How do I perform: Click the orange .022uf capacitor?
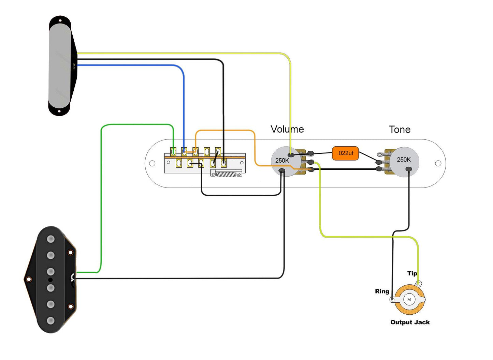345,153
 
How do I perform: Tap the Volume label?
287,129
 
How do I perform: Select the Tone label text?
400,130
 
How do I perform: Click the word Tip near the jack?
412,273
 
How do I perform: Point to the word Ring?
382,291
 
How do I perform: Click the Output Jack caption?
410,322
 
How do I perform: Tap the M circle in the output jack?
409,300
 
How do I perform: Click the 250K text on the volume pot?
282,161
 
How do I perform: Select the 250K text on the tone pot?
404,160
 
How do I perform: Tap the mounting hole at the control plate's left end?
152,163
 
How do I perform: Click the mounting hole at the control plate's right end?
438,163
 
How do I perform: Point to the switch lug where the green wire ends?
173,151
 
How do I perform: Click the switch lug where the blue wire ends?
184,151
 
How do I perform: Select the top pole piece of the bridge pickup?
51,239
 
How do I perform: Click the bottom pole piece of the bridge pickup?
51,321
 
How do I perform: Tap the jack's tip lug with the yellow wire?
419,284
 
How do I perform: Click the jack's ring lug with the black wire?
392,300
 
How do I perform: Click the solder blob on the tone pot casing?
409,169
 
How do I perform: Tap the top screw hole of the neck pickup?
60,21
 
